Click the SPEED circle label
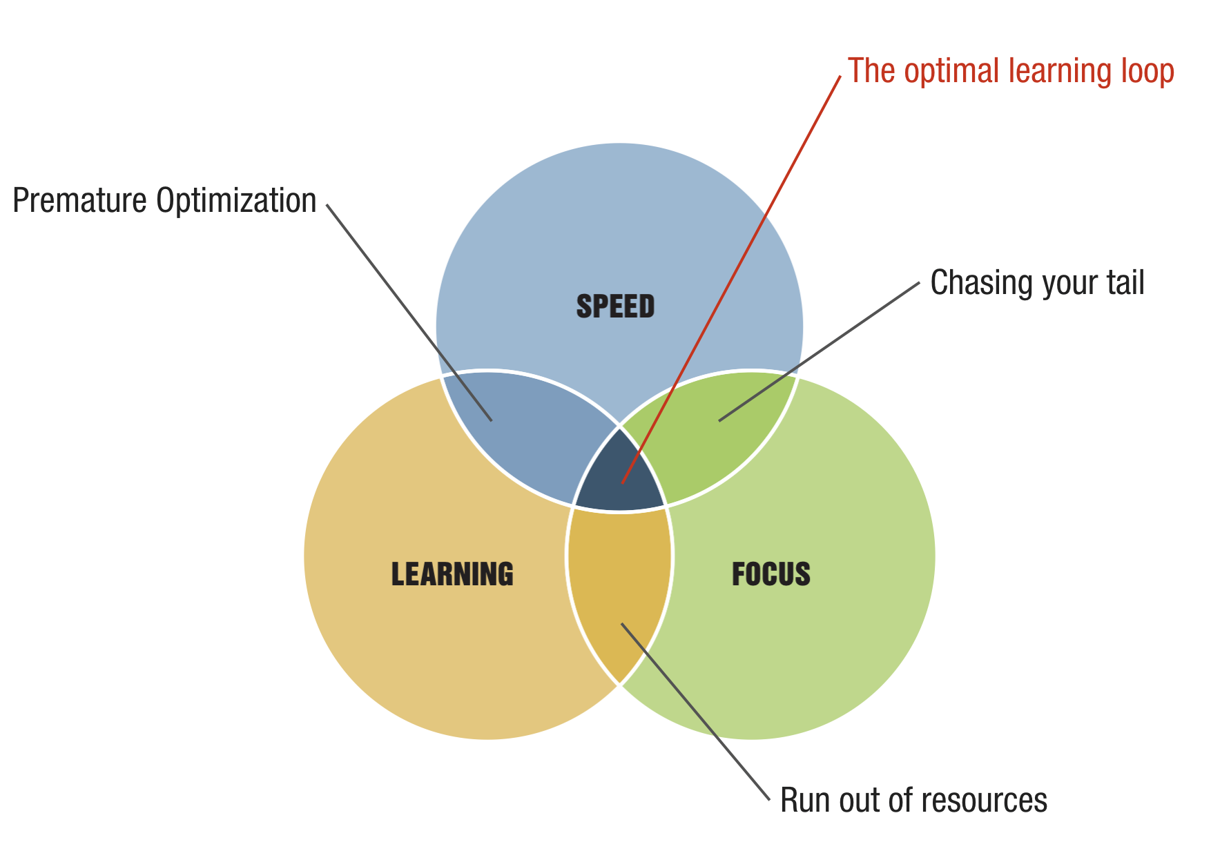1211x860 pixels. (x=615, y=306)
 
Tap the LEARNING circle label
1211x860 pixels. (x=452, y=574)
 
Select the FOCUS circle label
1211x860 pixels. (x=771, y=574)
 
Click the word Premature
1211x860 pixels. (x=79, y=201)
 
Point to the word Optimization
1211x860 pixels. (x=236, y=201)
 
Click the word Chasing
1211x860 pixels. (x=973, y=283)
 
